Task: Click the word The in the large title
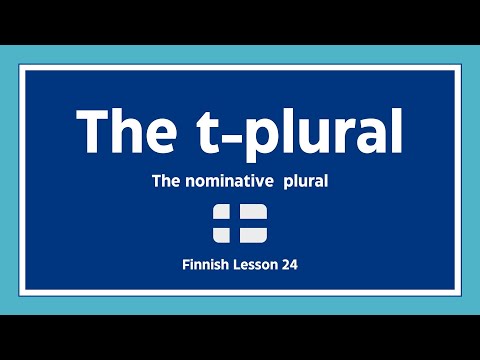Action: click(127, 129)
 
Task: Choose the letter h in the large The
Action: click(127, 129)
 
